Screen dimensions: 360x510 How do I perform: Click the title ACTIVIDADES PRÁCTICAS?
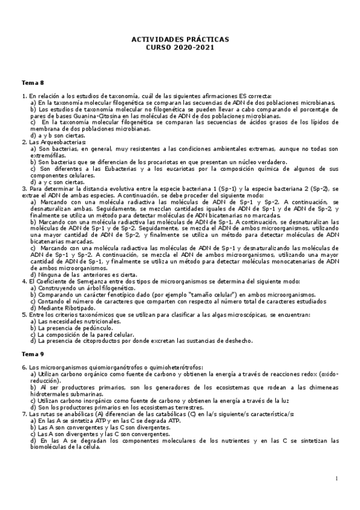(180, 39)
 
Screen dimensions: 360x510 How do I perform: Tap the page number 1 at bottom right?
(337, 478)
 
